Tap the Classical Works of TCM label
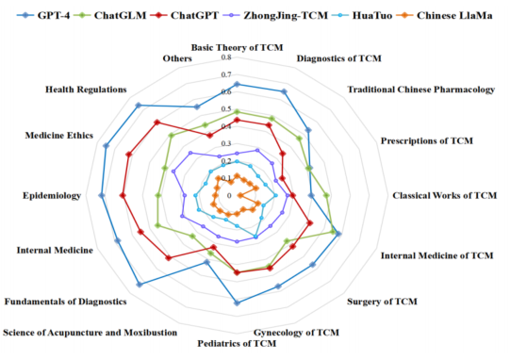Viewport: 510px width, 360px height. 444,196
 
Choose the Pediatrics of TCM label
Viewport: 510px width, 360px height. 237,343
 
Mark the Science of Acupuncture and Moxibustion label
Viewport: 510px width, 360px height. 90,333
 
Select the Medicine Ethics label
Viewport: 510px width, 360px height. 59,135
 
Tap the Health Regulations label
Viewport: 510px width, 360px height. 86,90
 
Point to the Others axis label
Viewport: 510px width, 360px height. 177,59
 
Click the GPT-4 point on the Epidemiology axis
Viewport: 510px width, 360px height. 102,196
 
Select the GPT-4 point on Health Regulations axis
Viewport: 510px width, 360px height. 139,105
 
